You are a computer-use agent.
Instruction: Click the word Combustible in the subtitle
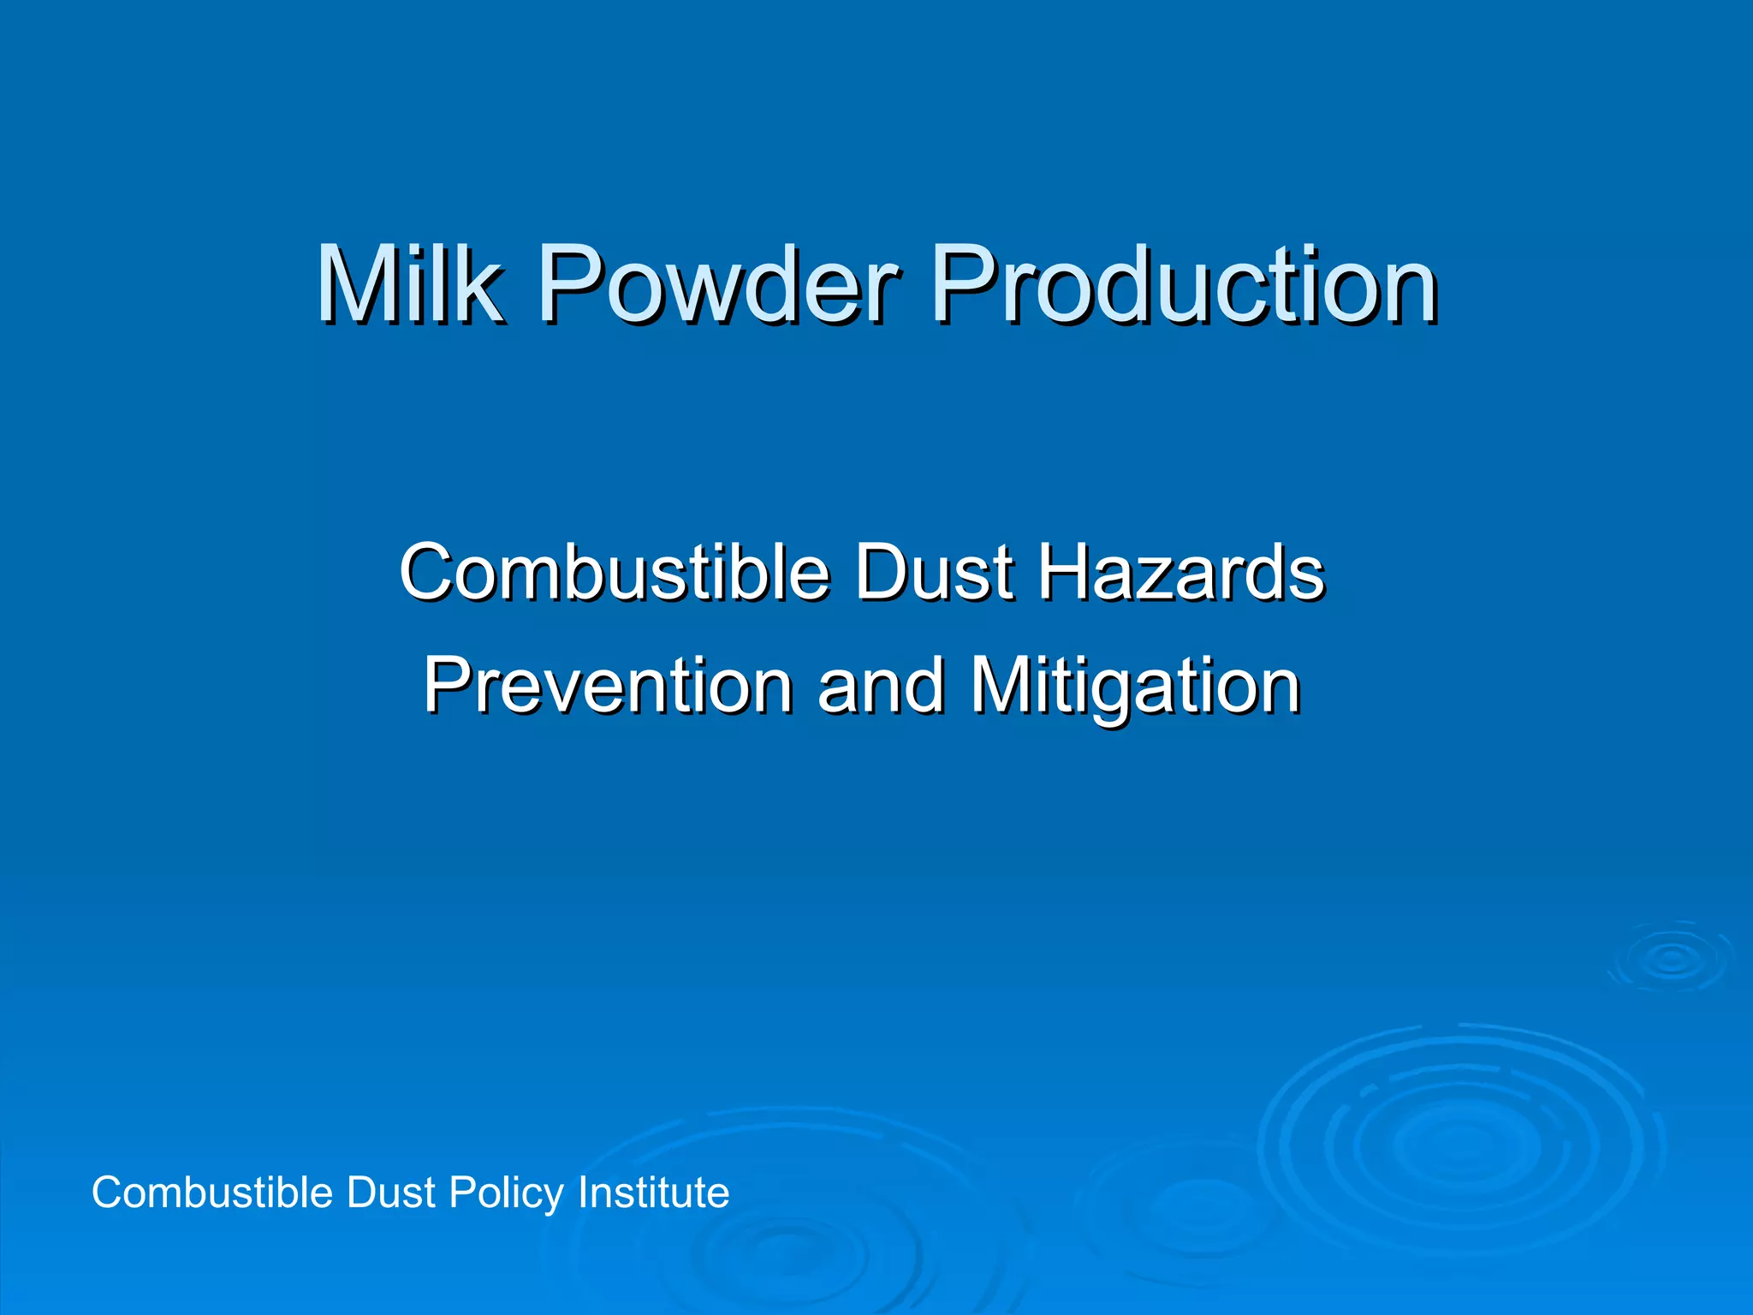(615, 571)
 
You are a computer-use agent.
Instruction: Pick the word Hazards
(1181, 571)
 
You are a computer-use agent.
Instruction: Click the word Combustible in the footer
(211, 1193)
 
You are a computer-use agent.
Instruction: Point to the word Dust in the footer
(390, 1193)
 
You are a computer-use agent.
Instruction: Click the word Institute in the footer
(654, 1193)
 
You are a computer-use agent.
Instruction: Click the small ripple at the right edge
(1671, 959)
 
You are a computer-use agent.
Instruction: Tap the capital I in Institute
(583, 1193)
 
